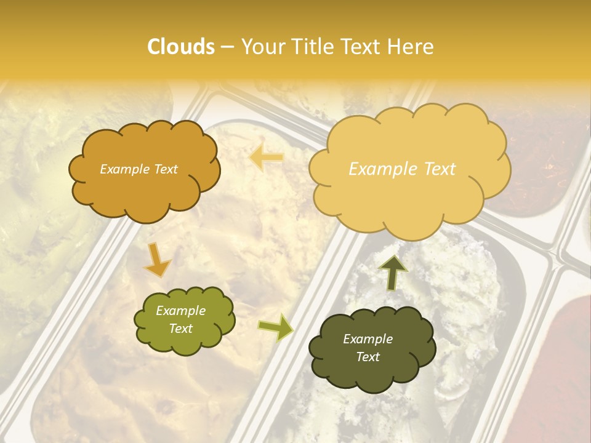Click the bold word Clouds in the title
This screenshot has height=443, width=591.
(x=180, y=47)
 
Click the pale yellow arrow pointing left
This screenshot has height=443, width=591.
(x=266, y=158)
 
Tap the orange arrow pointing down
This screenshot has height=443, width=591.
(x=158, y=259)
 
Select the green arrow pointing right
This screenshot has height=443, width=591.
(x=276, y=327)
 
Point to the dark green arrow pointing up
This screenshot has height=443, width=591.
(x=393, y=273)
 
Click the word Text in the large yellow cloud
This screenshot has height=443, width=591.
(x=435, y=169)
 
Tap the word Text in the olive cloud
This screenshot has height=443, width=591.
(x=180, y=329)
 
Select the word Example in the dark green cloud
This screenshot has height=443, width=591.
(x=368, y=339)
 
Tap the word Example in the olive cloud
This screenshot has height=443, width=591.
(x=180, y=311)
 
